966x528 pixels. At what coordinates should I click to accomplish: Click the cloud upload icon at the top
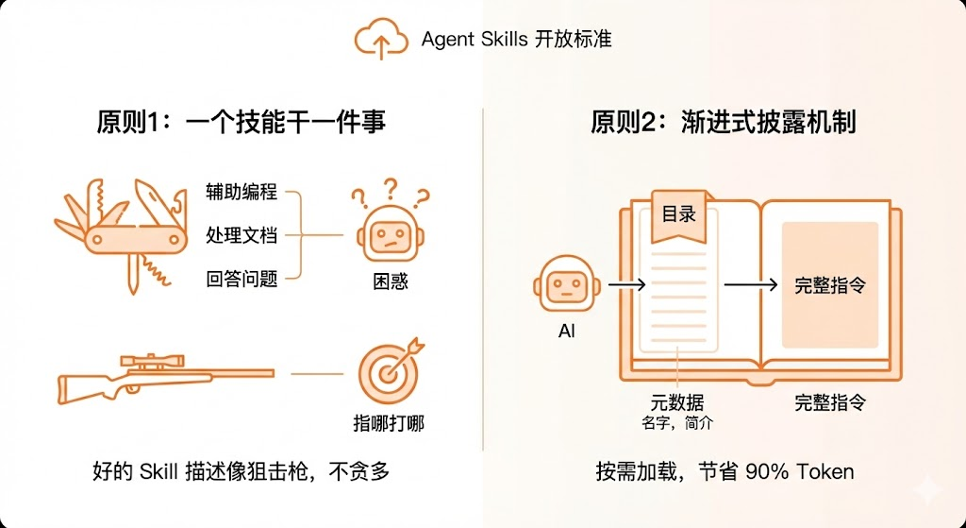380,39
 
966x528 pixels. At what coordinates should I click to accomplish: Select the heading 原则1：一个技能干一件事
241,122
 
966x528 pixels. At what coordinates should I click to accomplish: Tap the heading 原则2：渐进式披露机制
724,122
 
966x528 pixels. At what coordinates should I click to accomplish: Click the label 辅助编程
241,192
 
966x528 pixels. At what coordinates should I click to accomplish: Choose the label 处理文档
241,235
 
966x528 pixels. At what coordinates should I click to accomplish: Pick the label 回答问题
241,279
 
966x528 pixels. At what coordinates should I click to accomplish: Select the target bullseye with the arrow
388,371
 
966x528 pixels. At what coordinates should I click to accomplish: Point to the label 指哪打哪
389,421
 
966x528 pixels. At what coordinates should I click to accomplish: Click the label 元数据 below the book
677,402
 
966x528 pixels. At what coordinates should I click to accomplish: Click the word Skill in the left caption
163,470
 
